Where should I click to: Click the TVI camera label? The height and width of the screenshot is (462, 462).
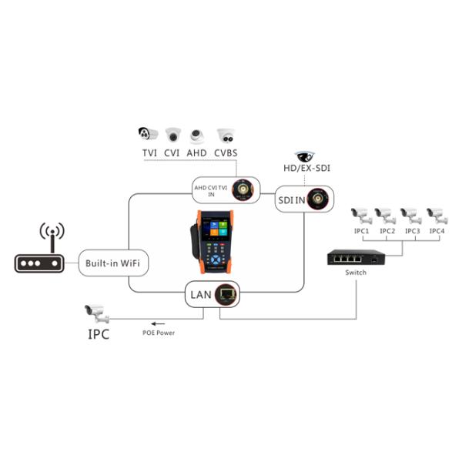149,152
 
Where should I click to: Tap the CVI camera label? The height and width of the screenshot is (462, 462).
172,152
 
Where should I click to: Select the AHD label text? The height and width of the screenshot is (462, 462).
197,152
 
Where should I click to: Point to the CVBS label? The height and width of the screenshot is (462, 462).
226,152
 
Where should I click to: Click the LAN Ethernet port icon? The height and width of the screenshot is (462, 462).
227,293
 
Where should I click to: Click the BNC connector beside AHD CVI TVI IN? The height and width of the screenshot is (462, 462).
246,189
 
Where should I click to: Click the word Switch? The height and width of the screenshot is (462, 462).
356,273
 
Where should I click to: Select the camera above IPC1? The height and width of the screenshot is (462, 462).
360,213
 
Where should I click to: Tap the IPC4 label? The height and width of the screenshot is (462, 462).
437,231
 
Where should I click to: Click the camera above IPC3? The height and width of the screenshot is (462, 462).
411,213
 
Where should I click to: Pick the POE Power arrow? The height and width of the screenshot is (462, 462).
158,324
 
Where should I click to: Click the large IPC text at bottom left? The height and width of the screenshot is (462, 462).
97,334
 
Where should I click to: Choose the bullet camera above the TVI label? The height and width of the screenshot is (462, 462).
149,134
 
